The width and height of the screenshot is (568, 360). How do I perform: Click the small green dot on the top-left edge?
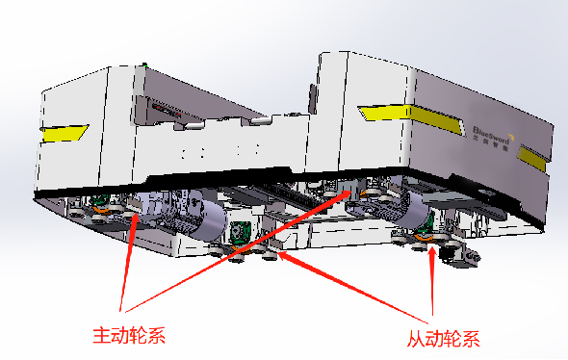[x=144, y=66]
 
